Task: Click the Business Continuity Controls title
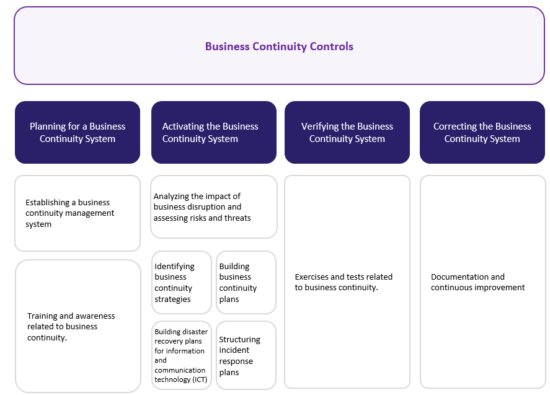point(279,47)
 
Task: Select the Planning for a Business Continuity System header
point(78,133)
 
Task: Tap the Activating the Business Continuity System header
point(213,133)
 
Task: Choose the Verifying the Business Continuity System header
point(347,133)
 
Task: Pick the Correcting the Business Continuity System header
point(482,133)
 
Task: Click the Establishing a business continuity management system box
point(78,213)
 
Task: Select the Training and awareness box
point(78,326)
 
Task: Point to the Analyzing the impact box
point(213,207)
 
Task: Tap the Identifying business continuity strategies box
point(182,283)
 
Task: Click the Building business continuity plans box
point(246,283)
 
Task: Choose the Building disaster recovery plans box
point(182,355)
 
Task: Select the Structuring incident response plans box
point(246,355)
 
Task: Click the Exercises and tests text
point(344,282)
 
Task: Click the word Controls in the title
point(332,47)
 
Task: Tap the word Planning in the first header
point(47,126)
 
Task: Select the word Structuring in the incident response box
point(239,340)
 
